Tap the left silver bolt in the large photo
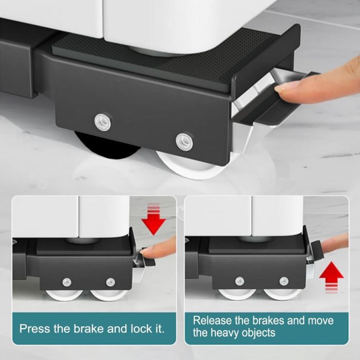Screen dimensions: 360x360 coord(103,122)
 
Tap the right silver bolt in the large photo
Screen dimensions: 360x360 coord(184,141)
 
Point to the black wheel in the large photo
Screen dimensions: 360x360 coord(107,145)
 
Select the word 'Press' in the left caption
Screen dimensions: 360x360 coord(34,329)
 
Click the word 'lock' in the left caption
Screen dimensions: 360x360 coord(141,329)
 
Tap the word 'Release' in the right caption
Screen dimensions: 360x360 coord(212,320)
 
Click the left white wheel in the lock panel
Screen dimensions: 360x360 coord(64,295)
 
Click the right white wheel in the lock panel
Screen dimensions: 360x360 coord(108,295)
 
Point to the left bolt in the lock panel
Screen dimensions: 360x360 coord(66,282)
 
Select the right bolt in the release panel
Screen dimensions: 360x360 coord(284,281)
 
